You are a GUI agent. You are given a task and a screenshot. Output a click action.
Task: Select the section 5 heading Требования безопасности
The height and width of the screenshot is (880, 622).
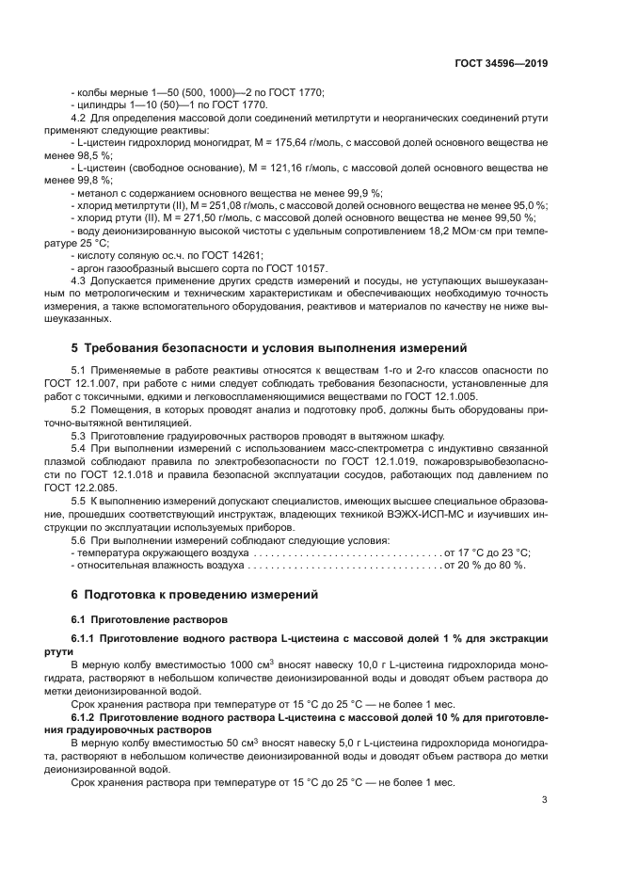(x=269, y=348)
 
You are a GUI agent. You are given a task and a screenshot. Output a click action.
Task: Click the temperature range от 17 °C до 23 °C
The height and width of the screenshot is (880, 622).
(x=487, y=552)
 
